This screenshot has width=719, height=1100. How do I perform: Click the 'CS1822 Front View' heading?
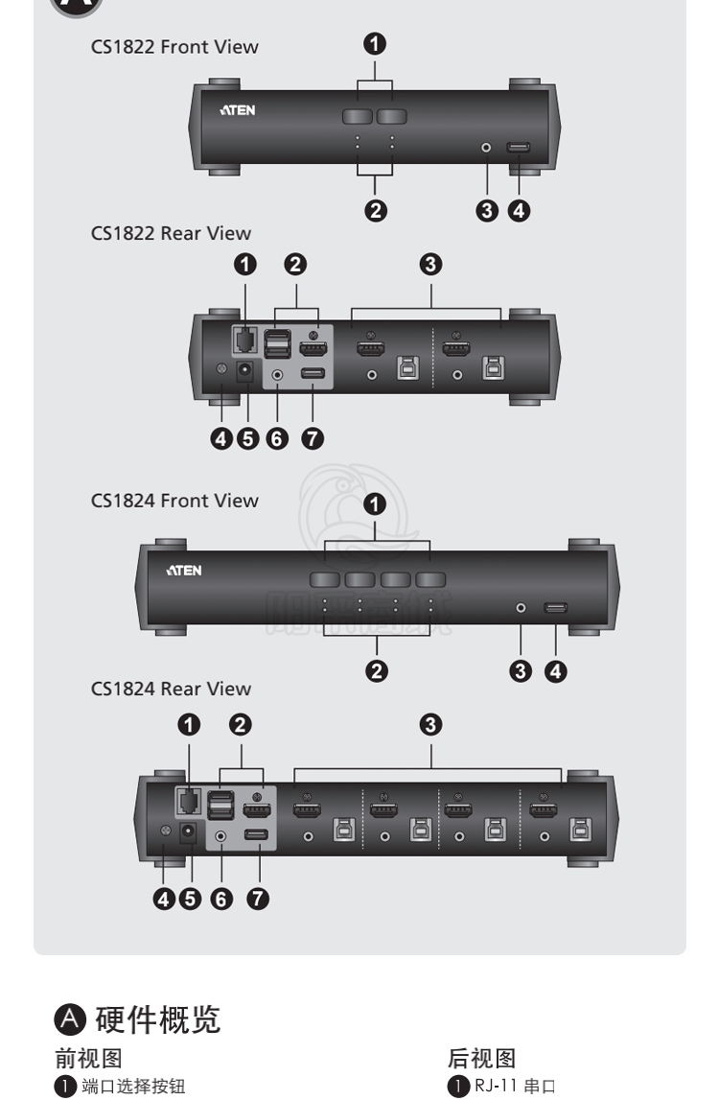174,47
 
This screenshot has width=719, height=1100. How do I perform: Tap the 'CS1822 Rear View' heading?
171,233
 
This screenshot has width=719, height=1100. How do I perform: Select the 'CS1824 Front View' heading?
174,501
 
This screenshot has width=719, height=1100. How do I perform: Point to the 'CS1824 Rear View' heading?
171,689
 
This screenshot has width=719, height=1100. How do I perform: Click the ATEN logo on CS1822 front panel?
238,110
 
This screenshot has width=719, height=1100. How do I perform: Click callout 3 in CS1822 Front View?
487,211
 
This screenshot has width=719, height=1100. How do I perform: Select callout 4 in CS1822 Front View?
519,211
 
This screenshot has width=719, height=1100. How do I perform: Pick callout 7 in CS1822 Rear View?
312,438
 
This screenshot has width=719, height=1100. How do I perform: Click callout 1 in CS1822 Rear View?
245,264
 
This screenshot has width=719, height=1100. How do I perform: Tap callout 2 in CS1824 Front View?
378,670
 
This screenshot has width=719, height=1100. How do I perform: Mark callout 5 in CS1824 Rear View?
193,898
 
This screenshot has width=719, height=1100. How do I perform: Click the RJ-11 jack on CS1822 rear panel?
244,339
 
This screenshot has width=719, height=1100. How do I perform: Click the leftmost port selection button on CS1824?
325,579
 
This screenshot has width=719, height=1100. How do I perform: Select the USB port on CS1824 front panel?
555,607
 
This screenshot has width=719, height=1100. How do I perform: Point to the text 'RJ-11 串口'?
516,1086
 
